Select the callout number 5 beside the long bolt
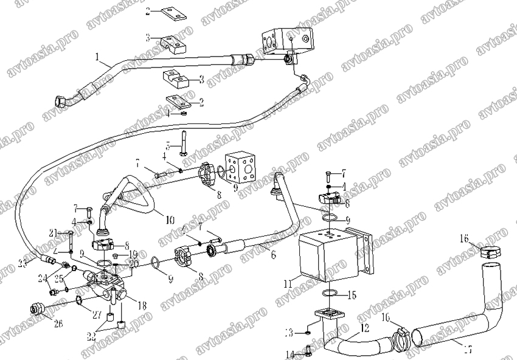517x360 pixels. tap(168, 146)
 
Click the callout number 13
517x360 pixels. tap(290, 333)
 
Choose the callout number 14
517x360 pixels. tap(290, 354)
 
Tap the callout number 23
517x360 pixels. tap(23, 263)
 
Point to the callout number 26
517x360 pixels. tap(58, 324)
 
